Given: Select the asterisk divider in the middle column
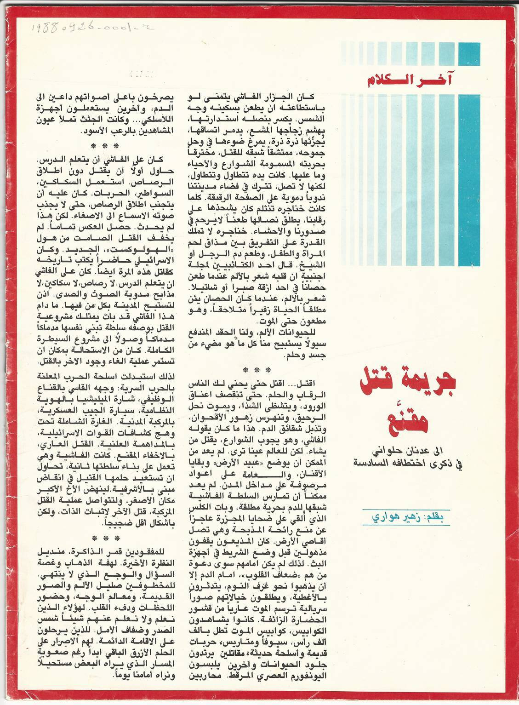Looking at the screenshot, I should coord(257,370).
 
